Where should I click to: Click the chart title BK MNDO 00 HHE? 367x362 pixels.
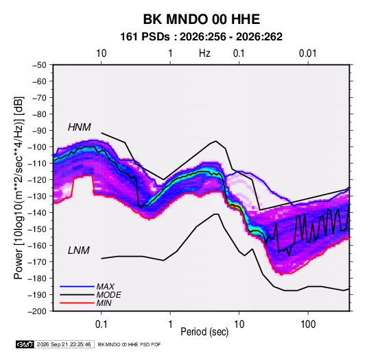click(x=201, y=19)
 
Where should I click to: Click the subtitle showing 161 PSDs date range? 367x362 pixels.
click(x=201, y=37)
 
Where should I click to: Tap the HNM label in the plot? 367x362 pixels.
click(x=80, y=127)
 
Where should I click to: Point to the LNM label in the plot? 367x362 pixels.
click(x=79, y=250)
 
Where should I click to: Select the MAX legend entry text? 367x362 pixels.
click(x=106, y=286)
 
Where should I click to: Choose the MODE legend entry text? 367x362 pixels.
click(x=108, y=295)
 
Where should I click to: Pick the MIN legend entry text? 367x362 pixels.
click(x=104, y=303)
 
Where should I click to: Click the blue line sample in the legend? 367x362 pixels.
click(x=77, y=287)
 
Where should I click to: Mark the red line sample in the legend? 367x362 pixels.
click(x=77, y=303)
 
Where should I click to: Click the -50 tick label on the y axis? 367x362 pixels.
click(x=39, y=65)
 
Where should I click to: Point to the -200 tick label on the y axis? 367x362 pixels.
click(x=37, y=311)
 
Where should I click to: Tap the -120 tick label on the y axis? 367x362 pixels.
click(x=37, y=180)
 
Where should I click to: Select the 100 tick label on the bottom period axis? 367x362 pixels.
click(x=308, y=324)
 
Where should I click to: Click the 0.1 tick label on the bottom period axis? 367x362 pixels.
click(x=101, y=324)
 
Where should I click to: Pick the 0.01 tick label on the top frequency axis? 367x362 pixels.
click(x=307, y=53)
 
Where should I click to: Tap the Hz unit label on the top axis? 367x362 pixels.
click(x=204, y=53)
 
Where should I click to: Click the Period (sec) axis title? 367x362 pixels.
click(x=204, y=332)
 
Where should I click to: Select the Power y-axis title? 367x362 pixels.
click(x=19, y=188)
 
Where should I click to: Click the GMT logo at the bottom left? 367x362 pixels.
click(x=25, y=344)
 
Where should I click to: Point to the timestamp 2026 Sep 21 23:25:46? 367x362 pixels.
click(x=64, y=344)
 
